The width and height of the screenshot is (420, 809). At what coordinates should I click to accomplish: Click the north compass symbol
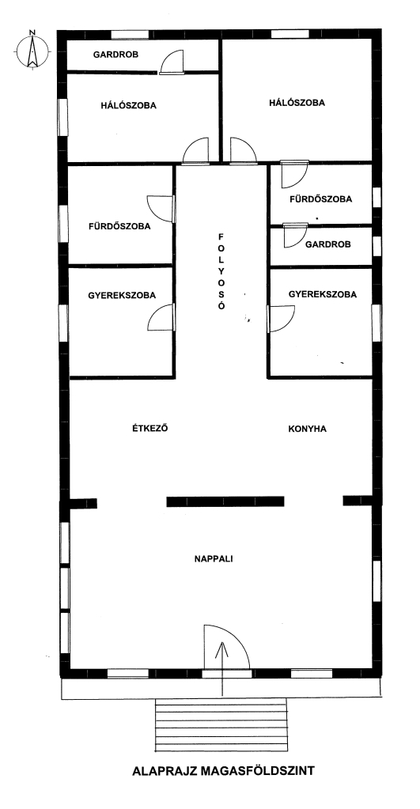32,50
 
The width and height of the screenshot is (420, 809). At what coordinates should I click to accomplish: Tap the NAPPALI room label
214,558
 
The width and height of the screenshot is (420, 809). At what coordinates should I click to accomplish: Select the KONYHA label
307,429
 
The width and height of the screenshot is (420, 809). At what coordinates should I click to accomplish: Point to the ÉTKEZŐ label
150,429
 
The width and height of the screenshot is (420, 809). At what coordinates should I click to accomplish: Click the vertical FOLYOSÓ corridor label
221,271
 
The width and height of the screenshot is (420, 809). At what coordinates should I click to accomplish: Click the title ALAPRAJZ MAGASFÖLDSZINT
223,771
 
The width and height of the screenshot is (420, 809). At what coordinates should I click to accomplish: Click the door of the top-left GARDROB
172,62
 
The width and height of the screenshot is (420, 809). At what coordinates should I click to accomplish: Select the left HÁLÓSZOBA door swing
196,151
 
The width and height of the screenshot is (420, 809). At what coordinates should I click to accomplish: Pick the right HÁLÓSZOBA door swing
243,151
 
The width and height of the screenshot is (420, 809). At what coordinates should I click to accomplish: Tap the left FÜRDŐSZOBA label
119,226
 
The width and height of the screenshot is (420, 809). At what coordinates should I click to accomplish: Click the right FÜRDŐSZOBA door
294,175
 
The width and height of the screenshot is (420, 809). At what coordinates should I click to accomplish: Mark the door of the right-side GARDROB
296,236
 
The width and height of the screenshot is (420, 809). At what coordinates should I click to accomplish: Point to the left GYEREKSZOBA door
161,317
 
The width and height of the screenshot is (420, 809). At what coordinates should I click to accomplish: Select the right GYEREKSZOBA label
323,295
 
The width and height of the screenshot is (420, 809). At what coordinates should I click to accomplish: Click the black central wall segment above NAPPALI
225,501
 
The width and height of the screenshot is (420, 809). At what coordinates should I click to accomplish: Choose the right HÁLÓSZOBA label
297,103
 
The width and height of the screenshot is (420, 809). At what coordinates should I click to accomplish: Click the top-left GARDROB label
115,55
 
